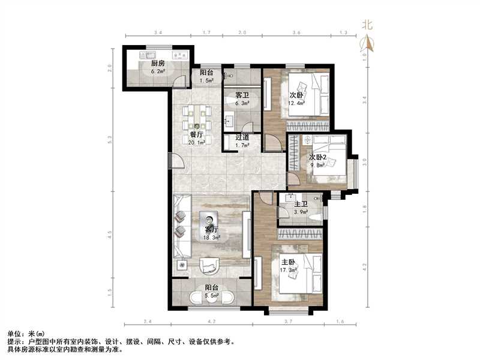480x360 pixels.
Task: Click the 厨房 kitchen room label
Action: [x=158, y=63]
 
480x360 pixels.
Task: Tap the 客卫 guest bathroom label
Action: [x=242, y=95]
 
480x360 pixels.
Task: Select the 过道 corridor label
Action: [x=242, y=137]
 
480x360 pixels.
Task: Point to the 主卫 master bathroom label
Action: [x=301, y=205]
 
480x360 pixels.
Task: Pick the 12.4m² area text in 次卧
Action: [x=296, y=103]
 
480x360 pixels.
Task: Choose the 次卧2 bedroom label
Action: [x=319, y=157]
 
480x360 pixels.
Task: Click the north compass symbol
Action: [x=367, y=43]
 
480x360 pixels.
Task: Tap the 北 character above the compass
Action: [x=367, y=25]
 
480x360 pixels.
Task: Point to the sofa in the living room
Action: [x=181, y=225]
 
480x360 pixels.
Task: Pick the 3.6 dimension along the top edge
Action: [x=296, y=32]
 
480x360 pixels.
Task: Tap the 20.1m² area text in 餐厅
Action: [x=197, y=143]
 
